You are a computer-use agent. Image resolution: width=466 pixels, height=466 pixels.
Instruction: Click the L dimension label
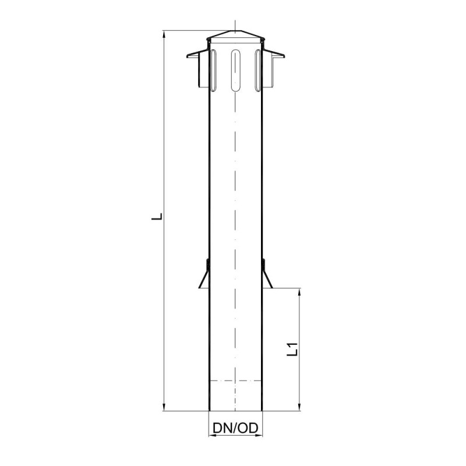[157, 216]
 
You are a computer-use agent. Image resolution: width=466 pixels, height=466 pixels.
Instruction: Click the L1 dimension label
[292, 349]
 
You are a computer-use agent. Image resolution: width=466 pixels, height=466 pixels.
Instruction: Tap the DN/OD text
[235, 428]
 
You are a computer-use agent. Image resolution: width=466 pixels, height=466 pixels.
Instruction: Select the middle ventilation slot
[235, 70]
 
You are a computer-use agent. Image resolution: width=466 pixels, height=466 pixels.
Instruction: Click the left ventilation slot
[213, 70]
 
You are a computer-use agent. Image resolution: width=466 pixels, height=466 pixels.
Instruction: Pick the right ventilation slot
[257, 70]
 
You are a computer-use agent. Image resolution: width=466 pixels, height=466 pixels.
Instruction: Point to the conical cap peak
[235, 30]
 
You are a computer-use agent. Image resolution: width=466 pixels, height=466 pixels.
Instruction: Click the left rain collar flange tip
[187, 56]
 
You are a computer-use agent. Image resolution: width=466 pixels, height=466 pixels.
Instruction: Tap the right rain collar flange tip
[284, 56]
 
